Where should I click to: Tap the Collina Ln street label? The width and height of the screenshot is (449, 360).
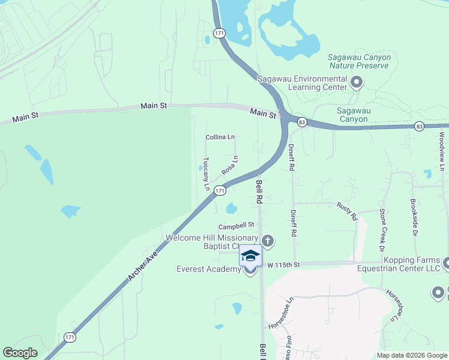(220, 137)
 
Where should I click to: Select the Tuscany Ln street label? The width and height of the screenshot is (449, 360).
(206, 174)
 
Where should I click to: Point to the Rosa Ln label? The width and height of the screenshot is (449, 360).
(230, 165)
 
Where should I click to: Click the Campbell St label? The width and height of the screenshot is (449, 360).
(237, 226)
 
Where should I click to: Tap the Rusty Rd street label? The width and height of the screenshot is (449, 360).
(347, 211)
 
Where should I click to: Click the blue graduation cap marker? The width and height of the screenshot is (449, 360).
(250, 255)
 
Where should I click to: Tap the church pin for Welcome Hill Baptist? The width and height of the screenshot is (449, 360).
(268, 241)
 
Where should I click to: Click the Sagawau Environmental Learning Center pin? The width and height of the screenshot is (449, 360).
(357, 82)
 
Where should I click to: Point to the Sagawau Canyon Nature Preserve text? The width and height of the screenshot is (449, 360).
(359, 61)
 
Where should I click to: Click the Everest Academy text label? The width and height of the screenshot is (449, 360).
(208, 269)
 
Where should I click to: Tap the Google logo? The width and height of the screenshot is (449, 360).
(20, 352)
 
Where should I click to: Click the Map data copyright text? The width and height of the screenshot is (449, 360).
(411, 355)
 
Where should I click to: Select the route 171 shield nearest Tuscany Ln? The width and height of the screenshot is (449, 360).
(220, 190)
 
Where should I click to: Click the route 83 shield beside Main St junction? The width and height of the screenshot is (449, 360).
(302, 122)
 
